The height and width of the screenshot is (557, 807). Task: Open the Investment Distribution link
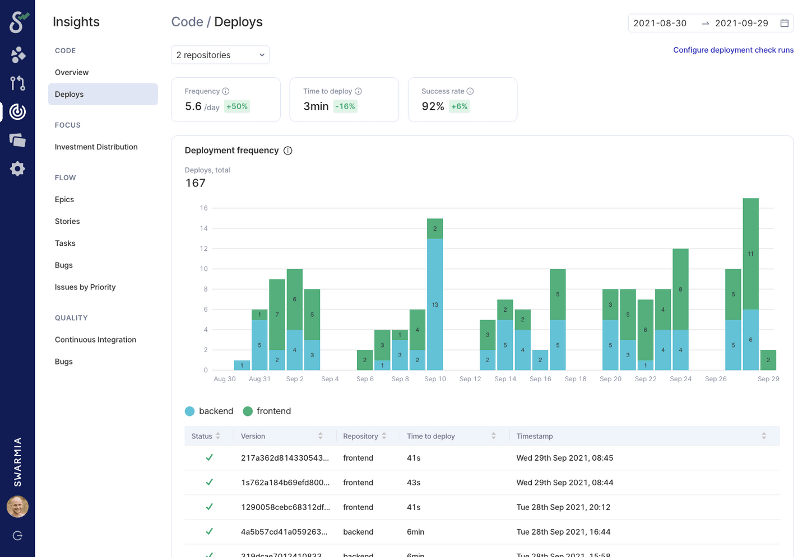coord(96,147)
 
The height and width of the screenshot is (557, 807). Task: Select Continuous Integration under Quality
coord(95,339)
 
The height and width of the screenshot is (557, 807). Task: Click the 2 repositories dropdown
coord(220,55)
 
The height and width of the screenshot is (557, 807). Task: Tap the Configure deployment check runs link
coord(733,50)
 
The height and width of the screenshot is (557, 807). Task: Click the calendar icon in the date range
coord(784,23)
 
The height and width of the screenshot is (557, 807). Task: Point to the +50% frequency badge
coord(237,106)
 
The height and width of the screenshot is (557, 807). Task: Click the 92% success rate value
coord(433,106)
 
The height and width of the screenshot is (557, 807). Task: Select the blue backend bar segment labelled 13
coord(435,304)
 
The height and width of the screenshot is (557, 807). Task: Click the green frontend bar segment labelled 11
coord(750,254)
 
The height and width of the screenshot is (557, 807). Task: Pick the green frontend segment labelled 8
coord(680,289)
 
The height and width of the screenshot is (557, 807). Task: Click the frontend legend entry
coord(267,411)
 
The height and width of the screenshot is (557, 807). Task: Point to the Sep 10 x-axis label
coord(435,379)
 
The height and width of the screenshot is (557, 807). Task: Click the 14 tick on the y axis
coord(203,228)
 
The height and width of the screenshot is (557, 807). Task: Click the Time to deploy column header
coord(430,436)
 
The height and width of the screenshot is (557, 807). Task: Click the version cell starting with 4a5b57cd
coord(285,532)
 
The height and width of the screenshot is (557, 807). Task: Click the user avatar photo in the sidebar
coord(17,507)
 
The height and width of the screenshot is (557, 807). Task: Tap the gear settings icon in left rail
coord(17,168)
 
